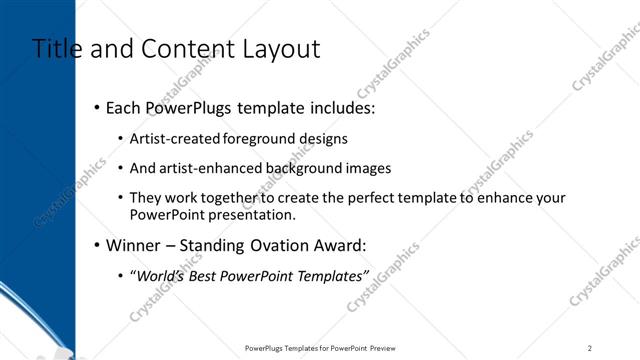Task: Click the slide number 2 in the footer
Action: (x=590, y=348)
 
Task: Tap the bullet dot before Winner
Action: (x=96, y=245)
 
